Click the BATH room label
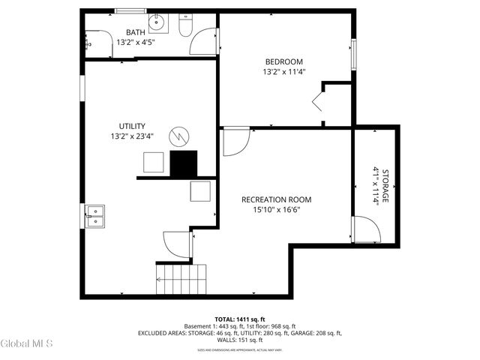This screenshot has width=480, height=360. [135, 32]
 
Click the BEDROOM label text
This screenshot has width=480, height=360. [283, 61]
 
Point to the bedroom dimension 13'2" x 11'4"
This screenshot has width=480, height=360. [283, 72]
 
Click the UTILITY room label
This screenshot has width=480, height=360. [132, 126]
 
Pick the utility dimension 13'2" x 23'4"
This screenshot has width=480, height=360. [132, 136]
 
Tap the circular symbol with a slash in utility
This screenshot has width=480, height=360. [179, 136]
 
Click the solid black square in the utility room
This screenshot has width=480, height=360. [184, 163]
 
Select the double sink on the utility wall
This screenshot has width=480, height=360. [94, 215]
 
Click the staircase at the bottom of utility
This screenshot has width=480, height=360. [181, 278]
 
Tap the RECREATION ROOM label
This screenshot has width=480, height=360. [276, 199]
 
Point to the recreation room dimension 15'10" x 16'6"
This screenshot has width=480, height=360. [276, 210]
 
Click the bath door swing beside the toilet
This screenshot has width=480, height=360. [203, 41]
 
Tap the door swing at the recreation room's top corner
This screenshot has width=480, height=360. [235, 142]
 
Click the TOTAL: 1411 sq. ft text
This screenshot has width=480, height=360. [239, 319]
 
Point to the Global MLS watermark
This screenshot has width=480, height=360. [26, 343]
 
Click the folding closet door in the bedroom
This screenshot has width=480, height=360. [318, 101]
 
